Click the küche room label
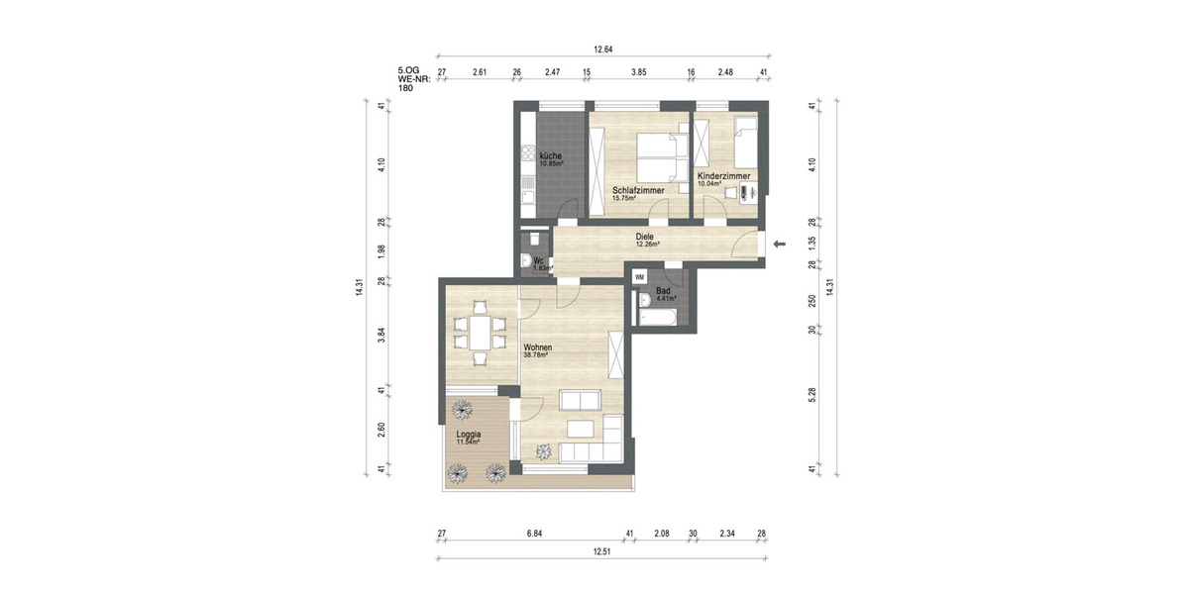(x=551, y=155)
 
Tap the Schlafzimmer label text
(x=637, y=189)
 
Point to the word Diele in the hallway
(x=645, y=237)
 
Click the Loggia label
(x=469, y=433)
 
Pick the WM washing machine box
(x=639, y=277)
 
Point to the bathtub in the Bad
(x=659, y=319)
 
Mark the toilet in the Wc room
(x=534, y=240)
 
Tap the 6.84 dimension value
(x=534, y=534)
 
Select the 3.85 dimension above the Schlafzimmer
(x=639, y=71)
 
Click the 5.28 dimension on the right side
(x=811, y=393)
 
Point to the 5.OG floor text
(x=407, y=70)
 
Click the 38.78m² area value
(x=538, y=354)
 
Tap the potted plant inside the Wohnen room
(x=543, y=451)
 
